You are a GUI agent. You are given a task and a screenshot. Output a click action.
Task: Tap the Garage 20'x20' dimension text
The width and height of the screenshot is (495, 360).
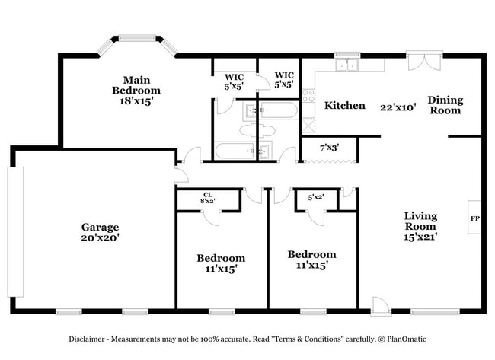pyautogui.click(x=101, y=237)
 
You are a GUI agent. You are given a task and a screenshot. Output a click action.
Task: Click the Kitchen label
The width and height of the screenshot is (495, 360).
pyautogui.click(x=345, y=106)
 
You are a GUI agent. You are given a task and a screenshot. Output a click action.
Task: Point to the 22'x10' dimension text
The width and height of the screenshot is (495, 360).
pyautogui.click(x=398, y=107)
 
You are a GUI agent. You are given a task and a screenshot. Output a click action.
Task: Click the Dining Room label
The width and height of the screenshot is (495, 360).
pyautogui.click(x=445, y=104)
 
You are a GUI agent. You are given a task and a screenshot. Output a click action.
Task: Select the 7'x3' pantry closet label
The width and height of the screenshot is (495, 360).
pyautogui.click(x=329, y=147)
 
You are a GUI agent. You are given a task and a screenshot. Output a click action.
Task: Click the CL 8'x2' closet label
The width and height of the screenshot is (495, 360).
pyautogui.click(x=207, y=197)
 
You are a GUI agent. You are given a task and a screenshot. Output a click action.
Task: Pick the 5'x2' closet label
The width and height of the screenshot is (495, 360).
pyautogui.click(x=316, y=197)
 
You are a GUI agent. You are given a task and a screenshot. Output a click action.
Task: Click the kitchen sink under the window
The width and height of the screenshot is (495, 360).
pyautogui.click(x=348, y=65)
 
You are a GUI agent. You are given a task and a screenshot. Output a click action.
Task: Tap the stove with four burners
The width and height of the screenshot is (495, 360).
pyautogui.click(x=308, y=97)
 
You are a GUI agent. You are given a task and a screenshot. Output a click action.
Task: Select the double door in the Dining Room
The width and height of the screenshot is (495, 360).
pyautogui.click(x=423, y=61)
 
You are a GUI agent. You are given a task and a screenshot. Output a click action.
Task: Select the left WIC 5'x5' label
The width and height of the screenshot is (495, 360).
pyautogui.click(x=234, y=81)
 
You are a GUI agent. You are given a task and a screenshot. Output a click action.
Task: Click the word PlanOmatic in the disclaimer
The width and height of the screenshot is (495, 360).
pyautogui.click(x=405, y=339)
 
